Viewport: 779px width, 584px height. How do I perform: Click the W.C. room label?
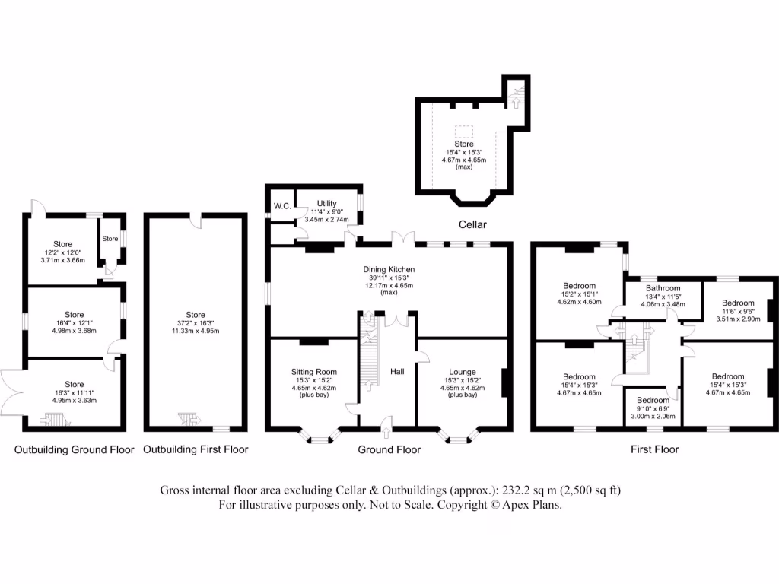[281, 205]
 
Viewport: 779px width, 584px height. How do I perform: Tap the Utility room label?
[327, 203]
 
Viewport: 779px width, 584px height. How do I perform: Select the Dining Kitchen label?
[389, 269]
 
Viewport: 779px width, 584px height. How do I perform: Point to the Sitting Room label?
[314, 372]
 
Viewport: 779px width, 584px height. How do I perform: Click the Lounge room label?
[463, 372]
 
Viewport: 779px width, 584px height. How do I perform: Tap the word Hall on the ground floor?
[397, 372]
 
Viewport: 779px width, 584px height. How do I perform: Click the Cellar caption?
[472, 225]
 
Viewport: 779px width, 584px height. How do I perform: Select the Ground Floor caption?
[389, 449]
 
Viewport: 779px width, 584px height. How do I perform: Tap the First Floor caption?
[654, 449]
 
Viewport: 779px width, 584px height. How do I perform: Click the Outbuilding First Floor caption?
[196, 449]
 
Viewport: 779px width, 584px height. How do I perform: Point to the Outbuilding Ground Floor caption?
[75, 449]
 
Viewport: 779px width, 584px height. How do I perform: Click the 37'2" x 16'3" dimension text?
[196, 325]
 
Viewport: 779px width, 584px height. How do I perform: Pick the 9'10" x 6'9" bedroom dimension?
[653, 409]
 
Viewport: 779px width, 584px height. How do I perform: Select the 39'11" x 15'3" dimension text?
[389, 278]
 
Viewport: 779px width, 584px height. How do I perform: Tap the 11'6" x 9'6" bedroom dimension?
[738, 311]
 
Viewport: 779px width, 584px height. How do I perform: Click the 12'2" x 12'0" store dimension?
[62, 252]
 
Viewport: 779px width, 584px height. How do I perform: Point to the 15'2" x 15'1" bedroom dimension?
[579, 294]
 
